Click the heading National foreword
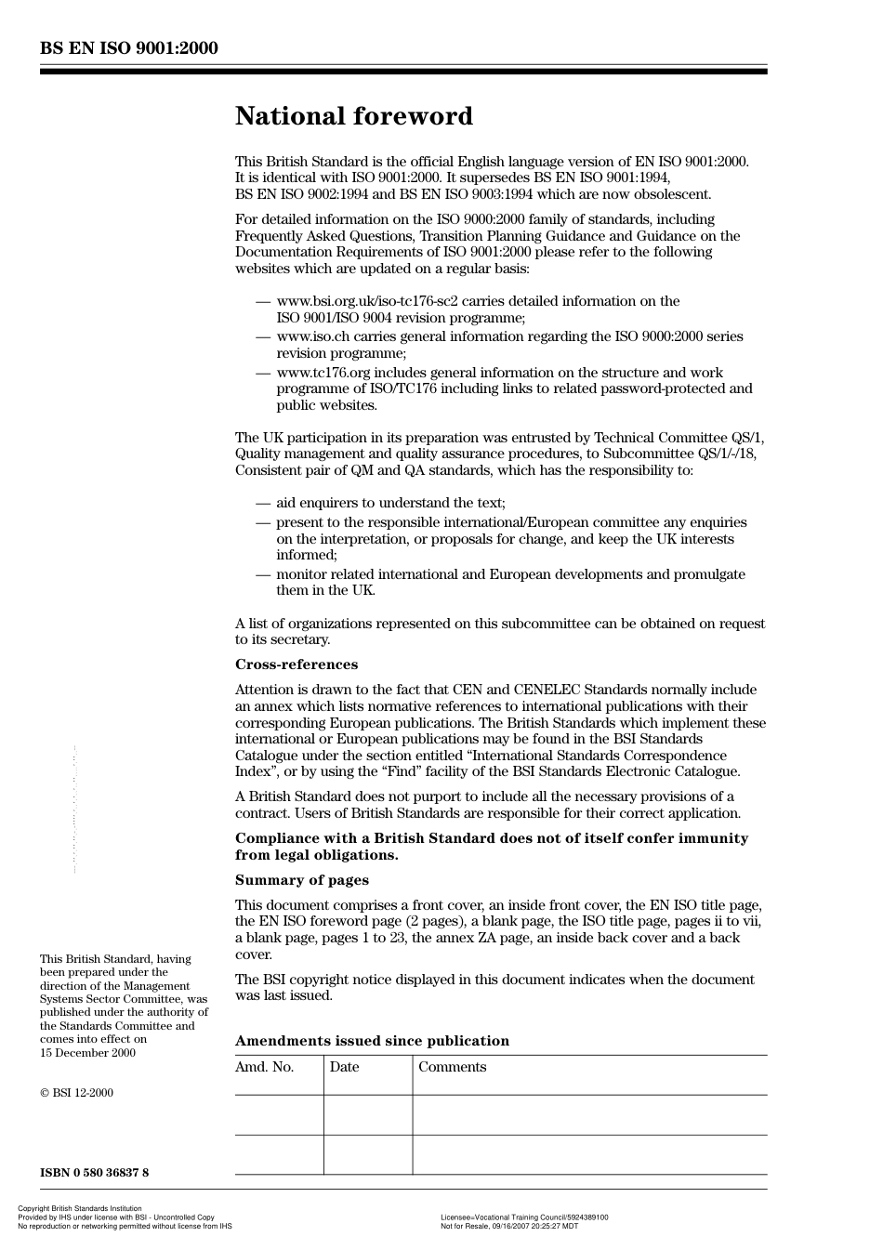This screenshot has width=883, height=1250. click(x=353, y=116)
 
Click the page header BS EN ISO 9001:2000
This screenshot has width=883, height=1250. click(x=129, y=47)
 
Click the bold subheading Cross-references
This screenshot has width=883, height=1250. click(x=296, y=664)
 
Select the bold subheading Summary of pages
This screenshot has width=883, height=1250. click(x=301, y=880)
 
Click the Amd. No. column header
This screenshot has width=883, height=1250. click(x=264, y=1067)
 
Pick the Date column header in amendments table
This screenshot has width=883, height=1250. click(x=344, y=1067)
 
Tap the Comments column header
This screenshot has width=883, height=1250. click(x=452, y=1067)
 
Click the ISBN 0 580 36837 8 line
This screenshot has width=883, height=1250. click(x=94, y=1172)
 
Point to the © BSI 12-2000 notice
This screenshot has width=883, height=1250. click(x=76, y=1093)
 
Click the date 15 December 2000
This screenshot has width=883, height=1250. click(x=87, y=1053)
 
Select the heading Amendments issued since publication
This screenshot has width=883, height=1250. click(x=372, y=1041)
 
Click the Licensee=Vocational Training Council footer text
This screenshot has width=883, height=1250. click(x=524, y=1217)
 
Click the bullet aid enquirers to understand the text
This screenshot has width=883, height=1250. click(x=390, y=503)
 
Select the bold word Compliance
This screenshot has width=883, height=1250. click(x=277, y=838)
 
